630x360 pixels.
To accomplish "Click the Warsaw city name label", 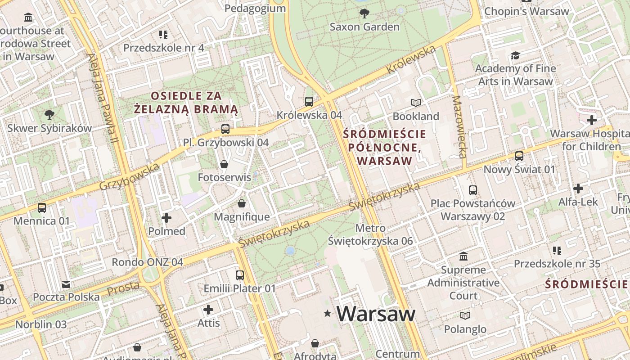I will click(x=376, y=314).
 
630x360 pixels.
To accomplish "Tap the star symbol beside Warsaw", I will click(x=327, y=313).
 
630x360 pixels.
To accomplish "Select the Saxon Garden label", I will click(x=364, y=27).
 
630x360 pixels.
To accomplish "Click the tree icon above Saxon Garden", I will click(x=364, y=13).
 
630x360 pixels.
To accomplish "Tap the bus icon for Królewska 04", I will click(x=309, y=102).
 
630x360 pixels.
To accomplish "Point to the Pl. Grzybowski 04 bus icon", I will click(x=225, y=130).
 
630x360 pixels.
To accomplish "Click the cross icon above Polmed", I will click(x=166, y=218).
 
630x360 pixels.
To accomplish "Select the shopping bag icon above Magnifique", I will click(x=242, y=204).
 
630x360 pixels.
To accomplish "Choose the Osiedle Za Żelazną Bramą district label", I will click(x=186, y=102).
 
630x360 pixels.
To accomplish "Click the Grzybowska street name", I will click(x=130, y=177).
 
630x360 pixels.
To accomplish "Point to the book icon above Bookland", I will click(x=415, y=103).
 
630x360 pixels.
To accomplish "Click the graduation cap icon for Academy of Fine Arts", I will click(x=515, y=55).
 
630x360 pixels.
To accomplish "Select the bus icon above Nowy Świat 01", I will click(x=519, y=156).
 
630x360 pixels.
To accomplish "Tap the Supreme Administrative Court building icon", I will click(x=463, y=256).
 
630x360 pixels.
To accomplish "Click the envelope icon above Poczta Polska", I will click(x=66, y=284).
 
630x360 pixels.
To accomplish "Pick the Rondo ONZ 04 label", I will click(x=147, y=262).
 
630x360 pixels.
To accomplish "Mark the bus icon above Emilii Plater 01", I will click(x=240, y=275).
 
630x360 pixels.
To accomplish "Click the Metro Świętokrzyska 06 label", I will click(x=370, y=234).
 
